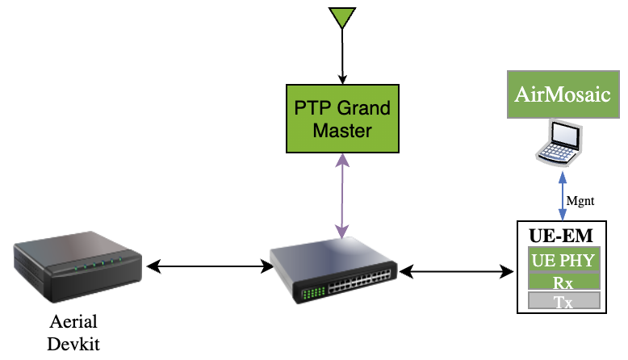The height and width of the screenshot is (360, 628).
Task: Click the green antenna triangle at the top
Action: point(342,16)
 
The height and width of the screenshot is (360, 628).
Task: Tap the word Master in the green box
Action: point(342,129)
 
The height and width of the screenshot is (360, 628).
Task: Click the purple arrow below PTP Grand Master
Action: point(343,197)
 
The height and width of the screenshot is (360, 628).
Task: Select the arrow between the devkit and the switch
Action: point(207,265)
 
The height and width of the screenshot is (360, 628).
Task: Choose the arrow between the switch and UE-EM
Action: point(458,273)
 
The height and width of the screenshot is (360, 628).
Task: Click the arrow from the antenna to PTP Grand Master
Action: point(342,57)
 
